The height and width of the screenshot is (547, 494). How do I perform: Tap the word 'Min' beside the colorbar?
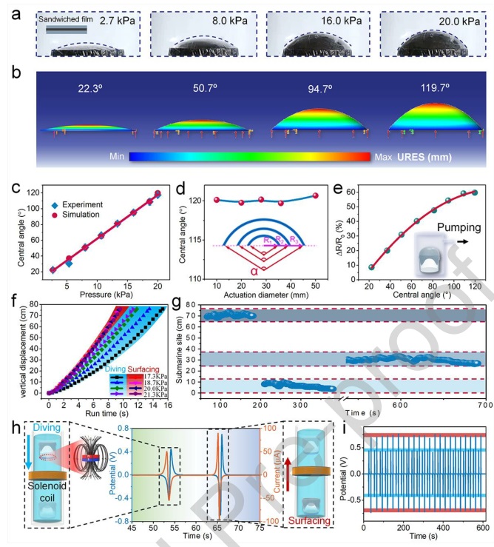(x=115, y=157)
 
